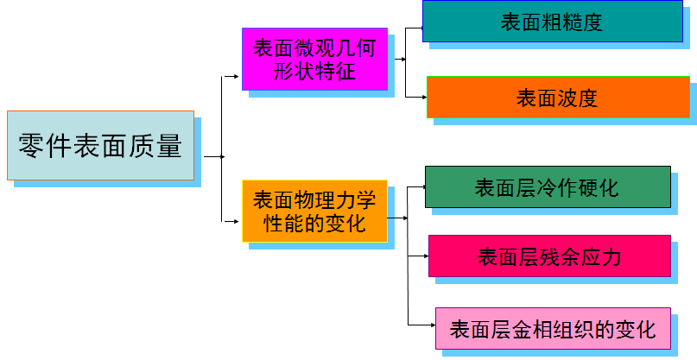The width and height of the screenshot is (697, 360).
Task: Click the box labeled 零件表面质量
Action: (x=100, y=145)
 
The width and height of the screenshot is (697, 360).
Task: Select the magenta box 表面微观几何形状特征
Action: (x=314, y=60)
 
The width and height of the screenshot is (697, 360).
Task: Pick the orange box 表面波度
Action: (x=558, y=98)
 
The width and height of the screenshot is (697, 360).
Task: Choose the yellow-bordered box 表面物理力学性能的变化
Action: (x=314, y=212)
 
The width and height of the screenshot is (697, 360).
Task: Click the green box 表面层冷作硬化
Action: (x=548, y=187)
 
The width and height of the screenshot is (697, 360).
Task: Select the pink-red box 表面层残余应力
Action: (x=549, y=256)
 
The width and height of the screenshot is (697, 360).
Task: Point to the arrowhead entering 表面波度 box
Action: (x=423, y=95)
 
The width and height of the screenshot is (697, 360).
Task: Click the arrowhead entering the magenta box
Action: (x=238, y=76)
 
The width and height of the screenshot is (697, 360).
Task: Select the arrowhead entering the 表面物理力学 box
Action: (x=238, y=218)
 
